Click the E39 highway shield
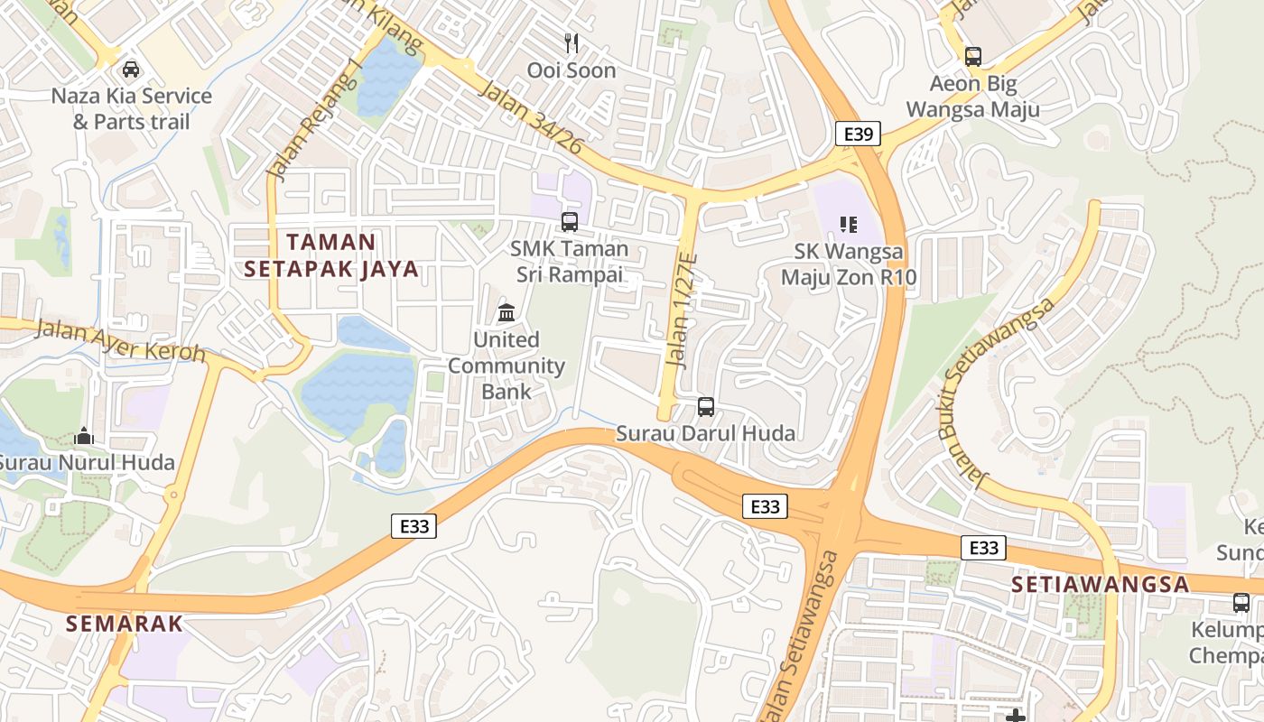(x=858, y=134)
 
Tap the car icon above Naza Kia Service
(x=131, y=69)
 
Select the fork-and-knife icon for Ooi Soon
(x=571, y=43)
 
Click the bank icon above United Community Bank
(x=507, y=313)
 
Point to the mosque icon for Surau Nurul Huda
(x=84, y=437)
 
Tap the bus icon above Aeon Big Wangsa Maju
(x=972, y=57)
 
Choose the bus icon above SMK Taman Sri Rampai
(x=569, y=222)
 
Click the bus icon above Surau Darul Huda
(x=706, y=407)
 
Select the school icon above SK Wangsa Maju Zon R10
(x=848, y=224)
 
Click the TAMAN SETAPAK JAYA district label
(x=331, y=255)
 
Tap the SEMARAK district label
(x=125, y=623)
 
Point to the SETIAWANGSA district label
(x=1100, y=584)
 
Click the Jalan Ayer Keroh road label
(x=120, y=339)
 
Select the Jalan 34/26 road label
(x=531, y=116)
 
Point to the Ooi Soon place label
(x=572, y=70)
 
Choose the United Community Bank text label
(x=507, y=366)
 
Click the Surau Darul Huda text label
(x=705, y=433)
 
